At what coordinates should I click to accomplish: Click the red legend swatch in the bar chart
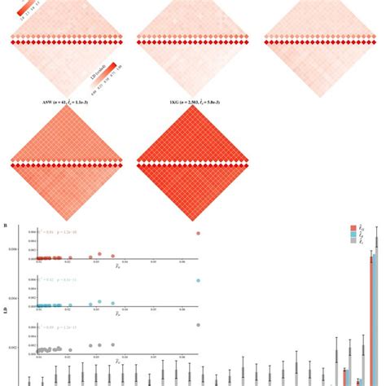click(353, 229)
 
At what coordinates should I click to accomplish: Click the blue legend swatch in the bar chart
click(353, 235)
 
